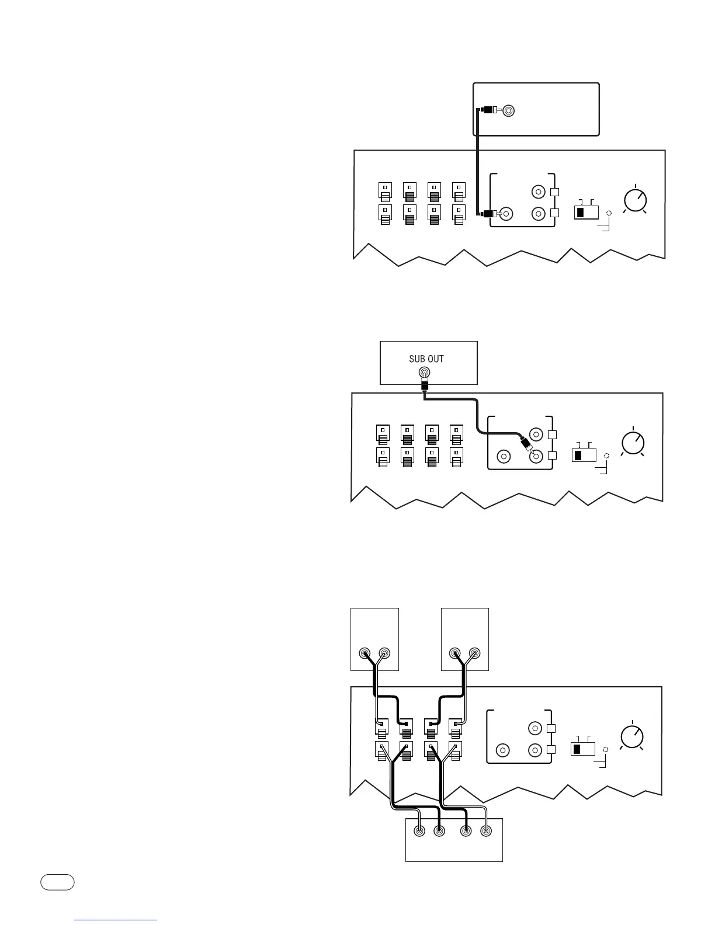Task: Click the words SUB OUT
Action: (x=426, y=359)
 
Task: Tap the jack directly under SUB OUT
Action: (x=426, y=373)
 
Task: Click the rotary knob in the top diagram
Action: (x=635, y=200)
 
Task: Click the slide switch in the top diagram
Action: (x=586, y=212)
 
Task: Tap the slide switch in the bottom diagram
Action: (x=582, y=749)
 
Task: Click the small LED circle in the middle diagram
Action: (x=606, y=455)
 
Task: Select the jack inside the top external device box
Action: (x=509, y=110)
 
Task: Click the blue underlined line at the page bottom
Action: (x=116, y=920)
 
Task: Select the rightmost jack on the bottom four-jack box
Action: (x=486, y=831)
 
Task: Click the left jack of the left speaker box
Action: (x=365, y=653)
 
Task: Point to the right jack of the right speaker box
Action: (x=474, y=653)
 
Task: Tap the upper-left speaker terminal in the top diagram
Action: (x=384, y=191)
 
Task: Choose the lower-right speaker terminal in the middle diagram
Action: (x=457, y=457)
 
